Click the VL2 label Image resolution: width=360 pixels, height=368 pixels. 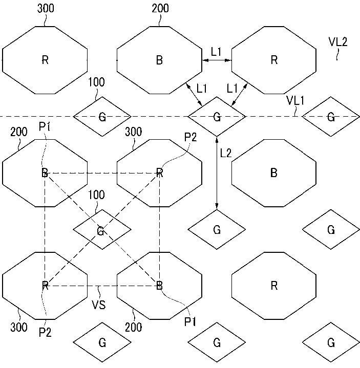click(x=338, y=42)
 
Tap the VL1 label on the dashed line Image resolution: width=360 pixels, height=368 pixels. click(x=295, y=101)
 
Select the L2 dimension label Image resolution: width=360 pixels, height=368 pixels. click(x=226, y=153)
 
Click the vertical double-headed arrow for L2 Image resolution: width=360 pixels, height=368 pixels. click(x=217, y=172)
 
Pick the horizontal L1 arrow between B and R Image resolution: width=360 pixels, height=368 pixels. click(x=217, y=60)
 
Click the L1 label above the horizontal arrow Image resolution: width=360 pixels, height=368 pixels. click(x=217, y=51)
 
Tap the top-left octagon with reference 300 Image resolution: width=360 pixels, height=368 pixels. click(x=45, y=60)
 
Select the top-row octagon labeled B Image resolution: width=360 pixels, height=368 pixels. click(x=159, y=60)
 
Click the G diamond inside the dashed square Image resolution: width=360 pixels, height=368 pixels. click(x=101, y=229)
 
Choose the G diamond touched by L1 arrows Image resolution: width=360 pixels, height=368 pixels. click(x=217, y=117)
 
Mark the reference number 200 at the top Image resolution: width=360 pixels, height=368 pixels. click(x=160, y=9)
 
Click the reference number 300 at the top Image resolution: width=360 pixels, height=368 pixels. click(x=46, y=9)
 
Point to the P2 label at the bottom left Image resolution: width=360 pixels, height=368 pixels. click(x=46, y=333)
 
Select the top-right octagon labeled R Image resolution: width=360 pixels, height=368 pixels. click(x=273, y=60)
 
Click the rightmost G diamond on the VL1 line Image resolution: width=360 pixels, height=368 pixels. click(x=331, y=117)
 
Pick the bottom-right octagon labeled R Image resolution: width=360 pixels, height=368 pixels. click(x=273, y=285)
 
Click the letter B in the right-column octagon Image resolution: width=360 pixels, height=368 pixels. click(x=273, y=173)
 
